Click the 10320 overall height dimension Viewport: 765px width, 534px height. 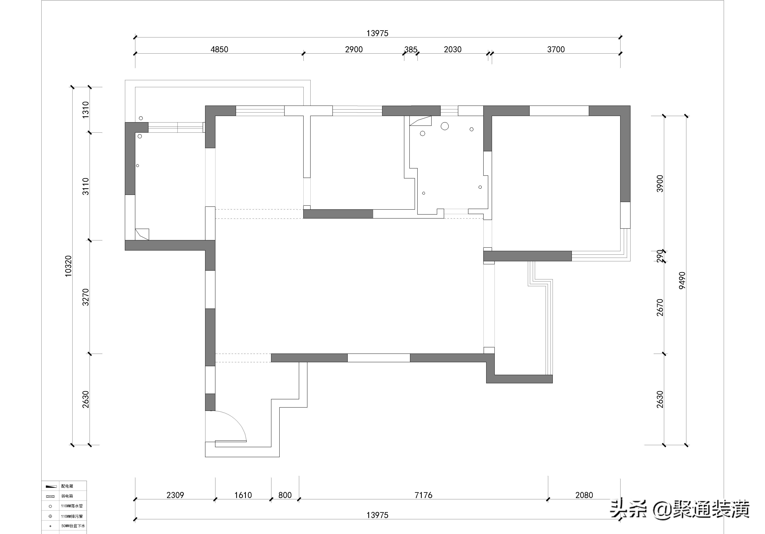pos(68,266)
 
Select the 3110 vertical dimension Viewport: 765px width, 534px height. pos(86,187)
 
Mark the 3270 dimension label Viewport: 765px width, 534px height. pos(86,297)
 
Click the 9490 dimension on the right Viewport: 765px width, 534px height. pos(682,280)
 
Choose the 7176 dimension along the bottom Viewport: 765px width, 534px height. pos(423,495)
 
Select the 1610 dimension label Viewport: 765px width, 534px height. pos(243,495)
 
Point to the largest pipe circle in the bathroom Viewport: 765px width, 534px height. pos(444,126)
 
